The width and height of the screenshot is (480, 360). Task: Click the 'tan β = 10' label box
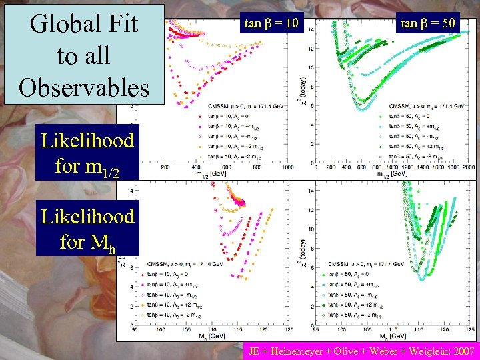click(x=271, y=24)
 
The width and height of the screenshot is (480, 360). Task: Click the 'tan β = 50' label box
click(x=428, y=24)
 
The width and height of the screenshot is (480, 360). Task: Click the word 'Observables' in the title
click(x=84, y=87)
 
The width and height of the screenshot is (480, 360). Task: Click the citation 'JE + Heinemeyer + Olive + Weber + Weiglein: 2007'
click(x=361, y=351)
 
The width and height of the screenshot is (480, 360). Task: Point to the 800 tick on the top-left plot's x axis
click(x=255, y=168)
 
